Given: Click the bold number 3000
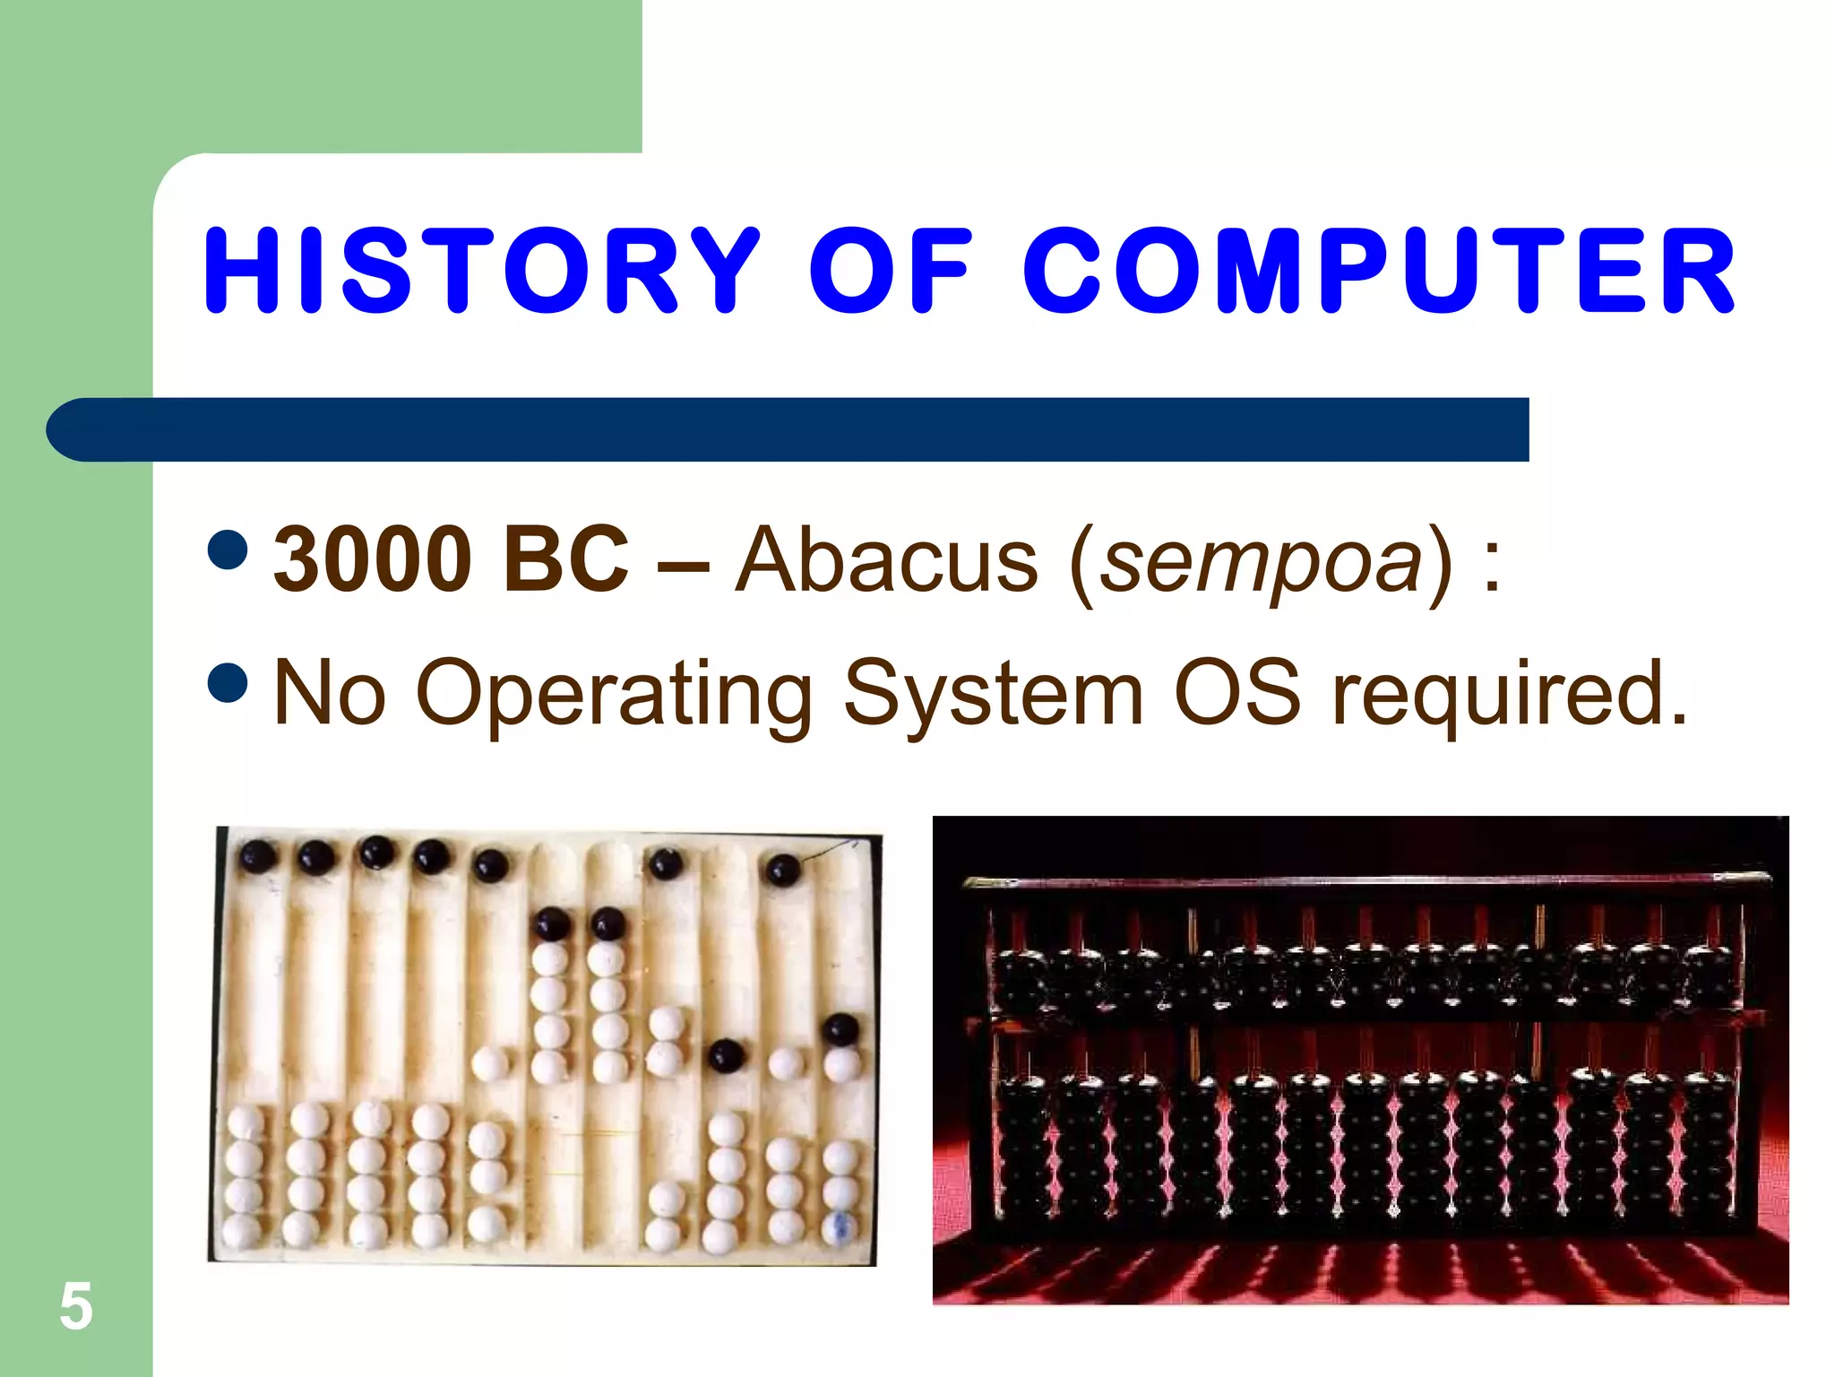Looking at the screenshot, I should pyautogui.click(x=373, y=559).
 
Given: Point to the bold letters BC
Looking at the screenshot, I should pyautogui.click(x=566, y=559).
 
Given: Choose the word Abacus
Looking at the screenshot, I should pyautogui.click(x=886, y=561).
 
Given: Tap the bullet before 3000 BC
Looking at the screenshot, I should pyautogui.click(x=228, y=550).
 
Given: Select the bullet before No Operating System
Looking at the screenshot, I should pyautogui.click(x=228, y=683).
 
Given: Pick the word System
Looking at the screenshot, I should pyautogui.click(x=994, y=695).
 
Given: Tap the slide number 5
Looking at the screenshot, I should pyautogui.click(x=76, y=1306).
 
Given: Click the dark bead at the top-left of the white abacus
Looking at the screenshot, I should pyautogui.click(x=257, y=858).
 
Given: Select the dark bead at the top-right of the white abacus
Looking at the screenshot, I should pyautogui.click(x=782, y=869).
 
